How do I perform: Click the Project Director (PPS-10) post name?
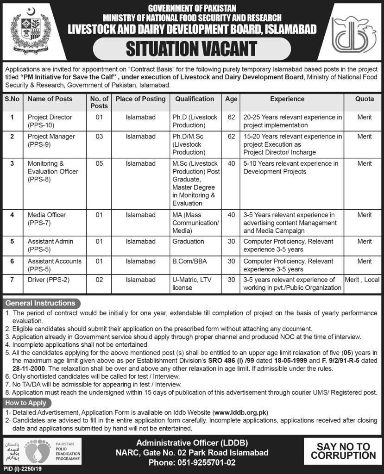pos(50,121)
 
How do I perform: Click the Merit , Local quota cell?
pos(362,280)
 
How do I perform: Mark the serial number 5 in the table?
pos(13,241)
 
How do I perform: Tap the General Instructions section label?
pos(40,303)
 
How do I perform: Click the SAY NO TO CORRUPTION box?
pos(343,451)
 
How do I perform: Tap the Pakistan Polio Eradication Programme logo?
pos(42,451)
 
